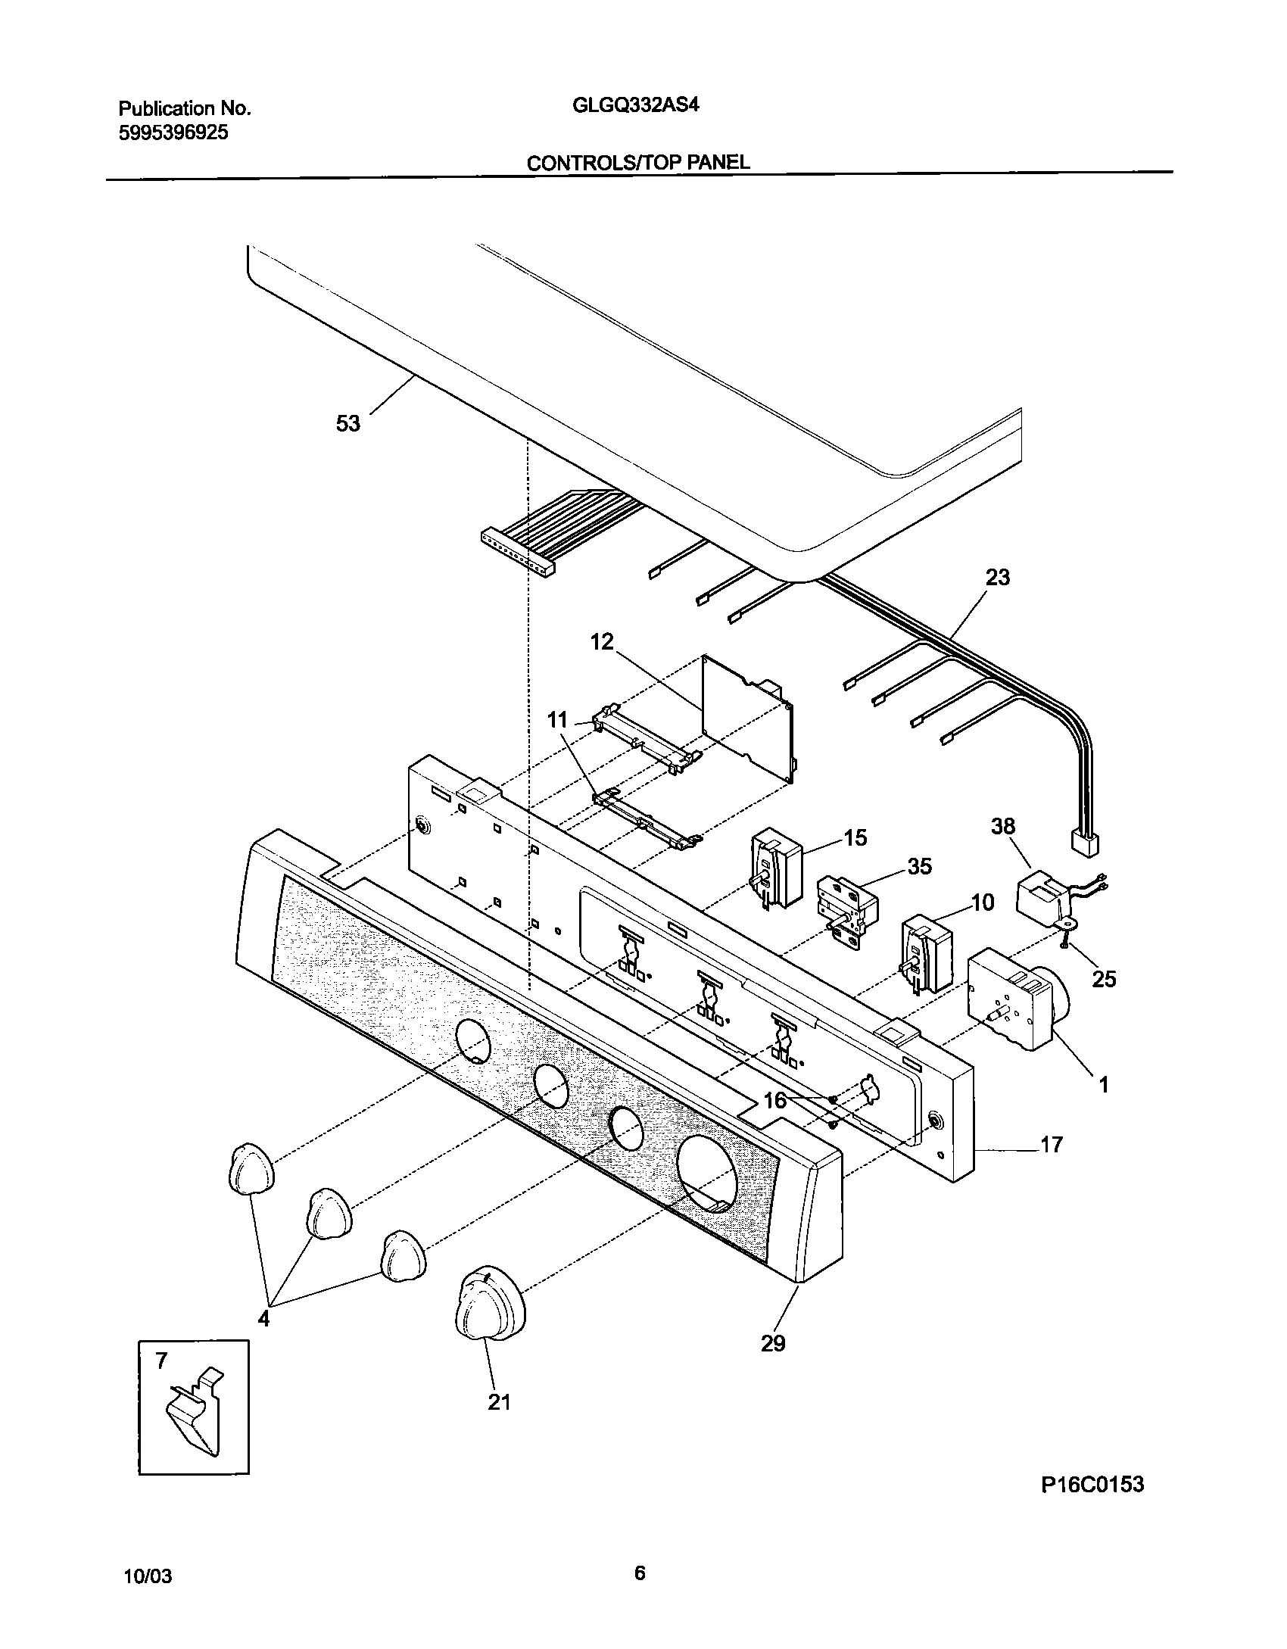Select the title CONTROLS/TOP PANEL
(637, 162)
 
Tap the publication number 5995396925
(173, 133)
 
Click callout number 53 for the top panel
(348, 424)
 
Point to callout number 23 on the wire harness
(998, 577)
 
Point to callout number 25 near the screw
(1104, 979)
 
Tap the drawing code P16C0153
(1092, 1505)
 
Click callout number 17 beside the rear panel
(1052, 1144)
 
